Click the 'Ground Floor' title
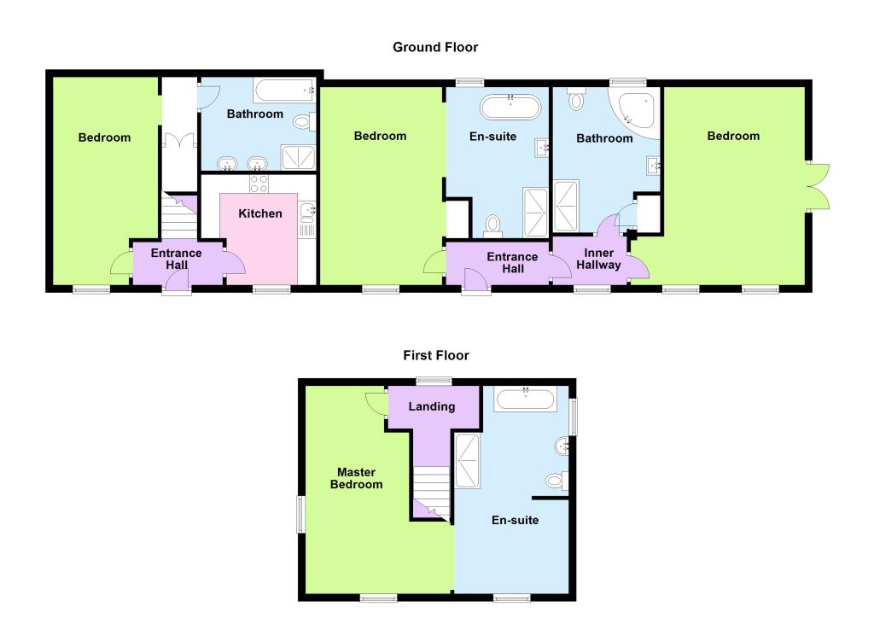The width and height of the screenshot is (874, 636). pos(435,47)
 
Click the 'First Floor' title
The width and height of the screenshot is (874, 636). pos(436,355)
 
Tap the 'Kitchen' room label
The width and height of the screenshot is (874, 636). pos(260,213)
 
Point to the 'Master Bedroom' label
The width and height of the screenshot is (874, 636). pos(359,478)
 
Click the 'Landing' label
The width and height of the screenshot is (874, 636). pos(432,406)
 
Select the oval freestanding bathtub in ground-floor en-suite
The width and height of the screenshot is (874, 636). pos(510,108)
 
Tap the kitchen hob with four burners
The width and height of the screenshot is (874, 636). pos(259,183)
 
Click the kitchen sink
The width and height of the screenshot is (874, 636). pos(308,209)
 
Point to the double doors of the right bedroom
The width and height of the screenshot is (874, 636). pos(818,186)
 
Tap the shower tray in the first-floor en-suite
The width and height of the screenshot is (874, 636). pos(468,461)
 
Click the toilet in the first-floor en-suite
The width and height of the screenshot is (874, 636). pos(556,481)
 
